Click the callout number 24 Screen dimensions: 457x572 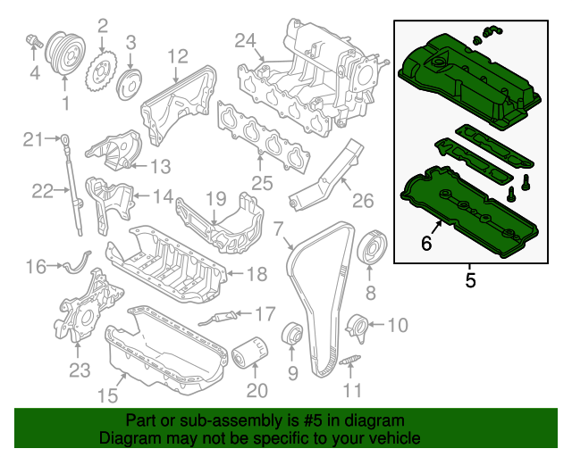click(246, 39)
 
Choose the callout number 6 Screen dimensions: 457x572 click(427, 243)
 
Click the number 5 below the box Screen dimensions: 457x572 click(470, 281)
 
